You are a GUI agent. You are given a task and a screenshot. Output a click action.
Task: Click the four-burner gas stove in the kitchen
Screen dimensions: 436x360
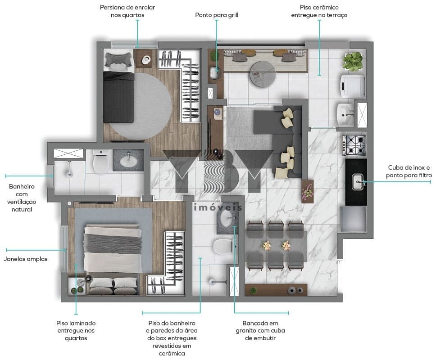(354, 145)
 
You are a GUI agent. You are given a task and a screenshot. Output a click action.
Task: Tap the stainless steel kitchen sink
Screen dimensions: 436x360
(358, 182)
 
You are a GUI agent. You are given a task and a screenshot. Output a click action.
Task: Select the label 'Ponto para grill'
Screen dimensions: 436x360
(217, 15)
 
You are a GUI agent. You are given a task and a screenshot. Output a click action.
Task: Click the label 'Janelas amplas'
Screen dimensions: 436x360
(26, 259)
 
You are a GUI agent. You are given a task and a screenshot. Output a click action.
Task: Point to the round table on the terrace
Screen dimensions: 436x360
(263, 74)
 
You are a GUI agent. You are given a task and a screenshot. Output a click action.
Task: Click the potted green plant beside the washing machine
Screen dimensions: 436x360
(353, 61)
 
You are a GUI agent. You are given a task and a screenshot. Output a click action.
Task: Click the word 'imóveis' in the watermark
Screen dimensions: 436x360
(218, 207)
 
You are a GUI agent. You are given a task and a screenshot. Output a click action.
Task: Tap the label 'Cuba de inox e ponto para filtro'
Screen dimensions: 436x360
(409, 171)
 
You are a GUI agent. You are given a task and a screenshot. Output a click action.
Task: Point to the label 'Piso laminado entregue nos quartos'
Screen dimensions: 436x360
(76, 331)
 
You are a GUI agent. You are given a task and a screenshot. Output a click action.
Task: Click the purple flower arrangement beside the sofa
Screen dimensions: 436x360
(308, 190)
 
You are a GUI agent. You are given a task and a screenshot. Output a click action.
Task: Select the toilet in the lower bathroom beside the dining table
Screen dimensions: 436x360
(223, 246)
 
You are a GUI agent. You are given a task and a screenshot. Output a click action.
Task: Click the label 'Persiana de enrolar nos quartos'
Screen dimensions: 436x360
(127, 11)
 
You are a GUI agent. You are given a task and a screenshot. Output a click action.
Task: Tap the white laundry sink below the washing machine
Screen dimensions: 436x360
(345, 114)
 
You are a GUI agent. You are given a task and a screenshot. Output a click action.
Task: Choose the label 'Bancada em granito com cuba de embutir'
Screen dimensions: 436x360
(260, 331)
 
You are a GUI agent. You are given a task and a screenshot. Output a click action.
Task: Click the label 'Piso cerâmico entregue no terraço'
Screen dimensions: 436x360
(319, 11)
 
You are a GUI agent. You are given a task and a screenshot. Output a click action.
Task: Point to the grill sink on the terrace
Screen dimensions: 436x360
(215, 73)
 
